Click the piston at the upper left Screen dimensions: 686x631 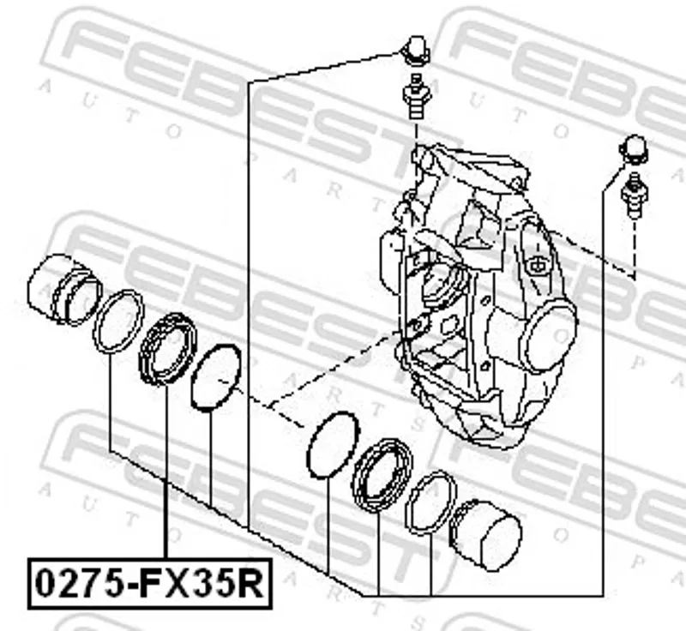(63, 290)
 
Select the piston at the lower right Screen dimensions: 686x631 (485, 535)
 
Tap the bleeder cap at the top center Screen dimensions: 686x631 (416, 51)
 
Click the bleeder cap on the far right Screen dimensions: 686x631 (633, 149)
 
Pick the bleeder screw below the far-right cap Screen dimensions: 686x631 (634, 195)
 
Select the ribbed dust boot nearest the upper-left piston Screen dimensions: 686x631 (167, 349)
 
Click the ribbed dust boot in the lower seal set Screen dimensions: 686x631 (382, 474)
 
